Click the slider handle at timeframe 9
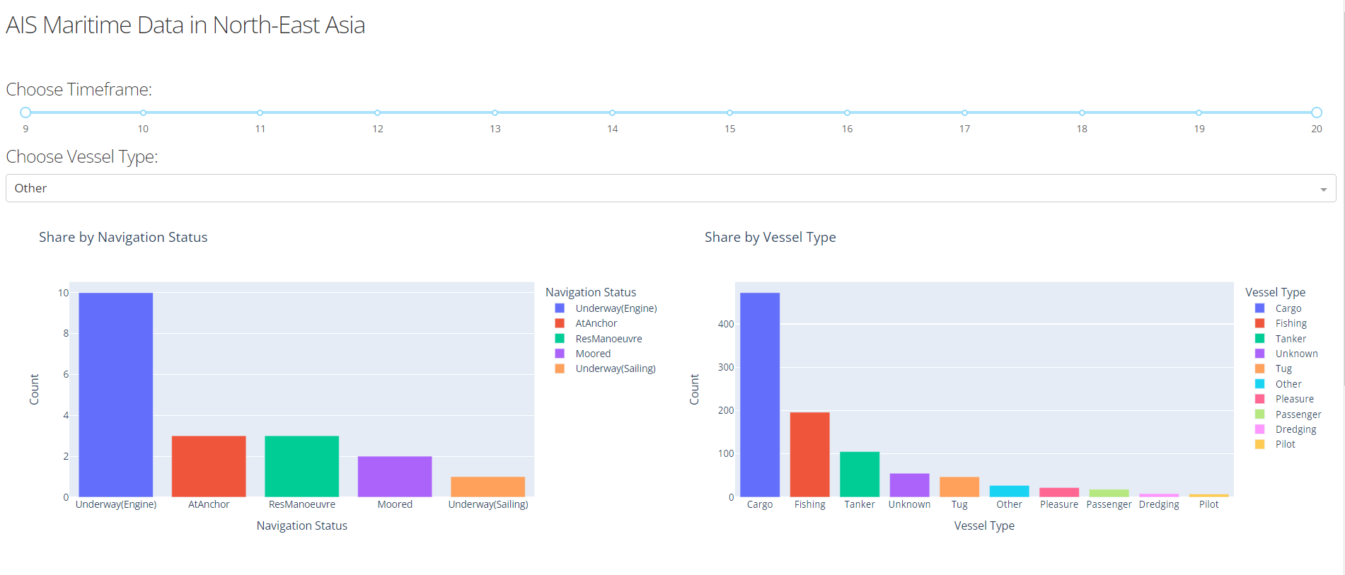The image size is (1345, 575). tap(25, 112)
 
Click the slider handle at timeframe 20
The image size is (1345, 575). tap(1316, 112)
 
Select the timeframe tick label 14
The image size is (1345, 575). tap(612, 129)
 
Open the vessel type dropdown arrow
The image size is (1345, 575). tap(1323, 189)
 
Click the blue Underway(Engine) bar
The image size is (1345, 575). tap(115, 395)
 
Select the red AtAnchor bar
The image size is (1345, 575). tap(209, 466)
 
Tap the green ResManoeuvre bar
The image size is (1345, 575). tap(301, 466)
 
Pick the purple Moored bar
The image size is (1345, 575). tap(395, 477)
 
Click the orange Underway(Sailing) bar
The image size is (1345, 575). tap(487, 487)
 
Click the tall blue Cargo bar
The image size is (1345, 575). tap(760, 395)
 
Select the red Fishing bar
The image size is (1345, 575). tap(809, 454)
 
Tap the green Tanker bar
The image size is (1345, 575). tap(860, 474)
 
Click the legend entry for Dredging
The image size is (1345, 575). tap(1295, 429)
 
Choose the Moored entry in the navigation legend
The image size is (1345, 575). tap(592, 354)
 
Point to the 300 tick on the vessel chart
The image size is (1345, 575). tap(726, 367)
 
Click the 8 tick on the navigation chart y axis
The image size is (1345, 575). tap(66, 333)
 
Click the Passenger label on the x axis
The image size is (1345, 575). tap(1109, 504)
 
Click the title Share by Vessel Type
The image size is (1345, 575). tap(770, 238)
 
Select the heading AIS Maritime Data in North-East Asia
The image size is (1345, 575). tap(185, 25)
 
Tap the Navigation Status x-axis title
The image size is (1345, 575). tap(301, 525)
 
